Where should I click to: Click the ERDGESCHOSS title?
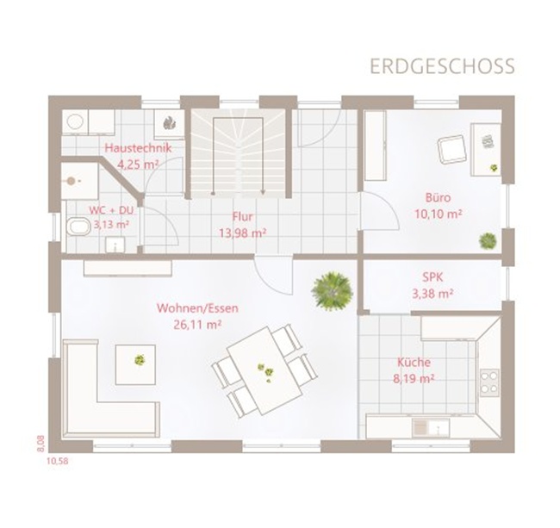442,66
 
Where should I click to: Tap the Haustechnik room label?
138,148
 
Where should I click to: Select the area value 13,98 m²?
242,233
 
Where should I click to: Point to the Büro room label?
438,197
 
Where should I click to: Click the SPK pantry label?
432,277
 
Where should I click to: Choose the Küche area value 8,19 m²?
414,378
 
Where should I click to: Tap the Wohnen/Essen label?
197,308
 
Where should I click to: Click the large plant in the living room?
333,289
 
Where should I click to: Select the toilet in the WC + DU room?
79,226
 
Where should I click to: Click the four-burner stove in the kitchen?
489,382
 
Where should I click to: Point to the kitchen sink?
431,427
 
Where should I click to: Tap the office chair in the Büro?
452,150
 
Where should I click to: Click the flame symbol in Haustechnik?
169,123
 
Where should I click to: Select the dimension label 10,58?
57,461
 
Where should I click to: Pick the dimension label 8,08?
40,444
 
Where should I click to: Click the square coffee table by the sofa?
135,364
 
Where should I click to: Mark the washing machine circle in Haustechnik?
75,122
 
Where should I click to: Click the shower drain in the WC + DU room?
72,182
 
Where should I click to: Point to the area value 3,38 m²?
432,294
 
